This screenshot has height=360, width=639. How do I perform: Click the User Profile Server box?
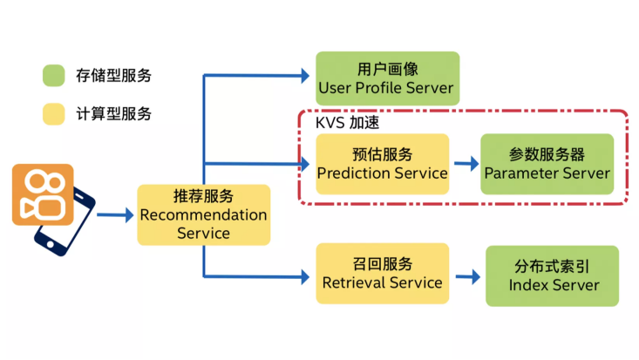point(386,78)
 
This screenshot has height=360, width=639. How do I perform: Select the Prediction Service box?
point(382,164)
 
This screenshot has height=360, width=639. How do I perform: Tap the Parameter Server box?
point(547,164)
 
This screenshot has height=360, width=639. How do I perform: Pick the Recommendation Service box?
point(203,214)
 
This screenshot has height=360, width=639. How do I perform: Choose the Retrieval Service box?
point(382,273)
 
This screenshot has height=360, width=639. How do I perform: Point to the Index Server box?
point(553,275)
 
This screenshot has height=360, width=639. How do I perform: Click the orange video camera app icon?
point(42,194)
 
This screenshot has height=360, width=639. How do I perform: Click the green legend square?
point(54,76)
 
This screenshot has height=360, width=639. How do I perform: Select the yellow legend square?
point(54,114)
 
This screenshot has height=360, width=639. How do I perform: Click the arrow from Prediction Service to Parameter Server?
point(466,164)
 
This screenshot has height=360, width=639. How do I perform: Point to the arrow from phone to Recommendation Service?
point(113,214)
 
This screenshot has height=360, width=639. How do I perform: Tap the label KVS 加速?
point(346,123)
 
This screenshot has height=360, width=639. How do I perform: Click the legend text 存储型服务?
point(113,76)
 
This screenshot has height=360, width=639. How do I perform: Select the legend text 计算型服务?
point(113,114)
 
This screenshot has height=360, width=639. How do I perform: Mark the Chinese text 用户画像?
point(385,69)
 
